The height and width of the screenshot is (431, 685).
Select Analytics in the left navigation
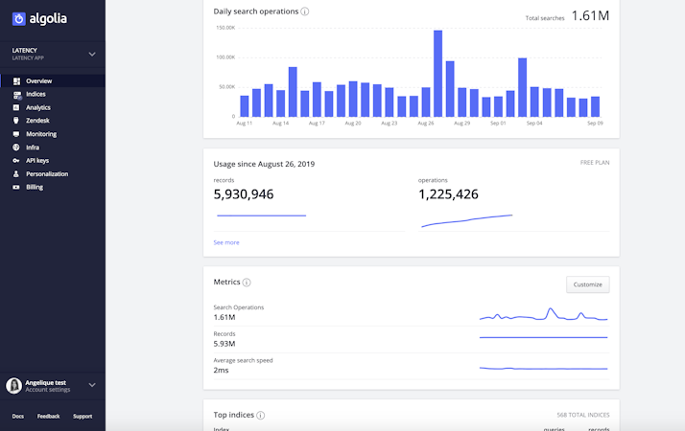pyautogui.click(x=37, y=107)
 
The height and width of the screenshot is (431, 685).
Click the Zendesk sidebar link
pyautogui.click(x=37, y=121)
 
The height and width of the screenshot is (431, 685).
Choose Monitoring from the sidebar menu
pyautogui.click(x=40, y=134)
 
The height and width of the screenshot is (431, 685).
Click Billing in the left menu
pyautogui.click(x=35, y=188)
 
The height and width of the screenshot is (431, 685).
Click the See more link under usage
pyautogui.click(x=226, y=242)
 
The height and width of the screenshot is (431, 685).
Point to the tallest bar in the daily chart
pyautogui.click(x=437, y=73)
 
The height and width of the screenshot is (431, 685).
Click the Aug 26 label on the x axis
pyautogui.click(x=425, y=124)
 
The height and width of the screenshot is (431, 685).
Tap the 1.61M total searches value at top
pyautogui.click(x=590, y=15)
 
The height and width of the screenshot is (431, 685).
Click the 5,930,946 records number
pyautogui.click(x=243, y=194)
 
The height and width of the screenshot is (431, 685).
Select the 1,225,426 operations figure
pyautogui.click(x=448, y=194)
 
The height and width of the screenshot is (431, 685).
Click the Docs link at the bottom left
pyautogui.click(x=18, y=416)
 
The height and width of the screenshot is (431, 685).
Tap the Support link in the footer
pyautogui.click(x=83, y=416)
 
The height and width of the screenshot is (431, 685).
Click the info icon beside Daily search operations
pyautogui.click(x=305, y=11)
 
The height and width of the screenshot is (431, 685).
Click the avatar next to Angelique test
pyautogui.click(x=13, y=385)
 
